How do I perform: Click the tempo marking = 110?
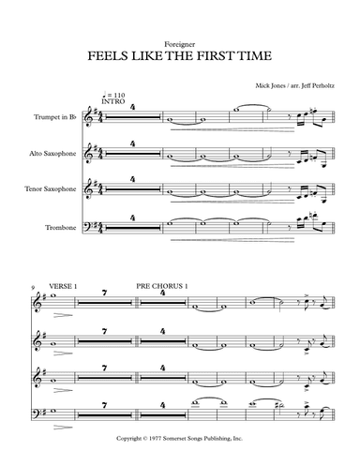(119, 98)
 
